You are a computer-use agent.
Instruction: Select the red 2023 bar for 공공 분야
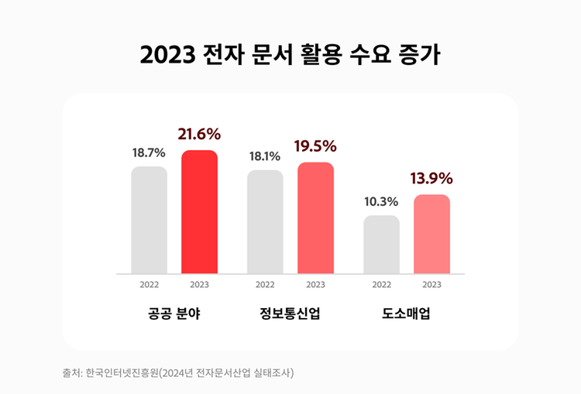coord(199,211)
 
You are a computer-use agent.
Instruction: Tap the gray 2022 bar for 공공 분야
coord(149,220)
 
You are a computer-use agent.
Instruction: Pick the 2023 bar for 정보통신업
coord(315,218)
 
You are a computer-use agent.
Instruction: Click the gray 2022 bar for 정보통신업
coord(265,221)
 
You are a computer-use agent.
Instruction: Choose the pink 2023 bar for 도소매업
coord(431,234)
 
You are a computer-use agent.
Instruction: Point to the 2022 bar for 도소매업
coord(381,244)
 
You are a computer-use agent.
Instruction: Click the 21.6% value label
coord(199,134)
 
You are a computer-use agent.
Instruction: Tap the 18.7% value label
coord(149,153)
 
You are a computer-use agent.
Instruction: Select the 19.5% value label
coord(315,146)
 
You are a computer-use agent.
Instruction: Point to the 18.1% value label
coord(265,156)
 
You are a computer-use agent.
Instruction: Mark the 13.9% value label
coord(431,179)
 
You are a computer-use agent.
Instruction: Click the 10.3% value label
coord(381,202)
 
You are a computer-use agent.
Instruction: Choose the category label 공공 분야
coord(174,314)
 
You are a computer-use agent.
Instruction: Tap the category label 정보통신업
coord(290,314)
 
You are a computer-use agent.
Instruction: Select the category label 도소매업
coord(407,314)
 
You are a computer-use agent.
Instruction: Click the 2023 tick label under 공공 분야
coord(199,284)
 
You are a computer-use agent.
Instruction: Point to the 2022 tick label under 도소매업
coord(381,284)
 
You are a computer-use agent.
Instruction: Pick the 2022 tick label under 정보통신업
coord(265,284)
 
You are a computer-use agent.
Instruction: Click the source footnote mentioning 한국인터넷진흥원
coord(178,372)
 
